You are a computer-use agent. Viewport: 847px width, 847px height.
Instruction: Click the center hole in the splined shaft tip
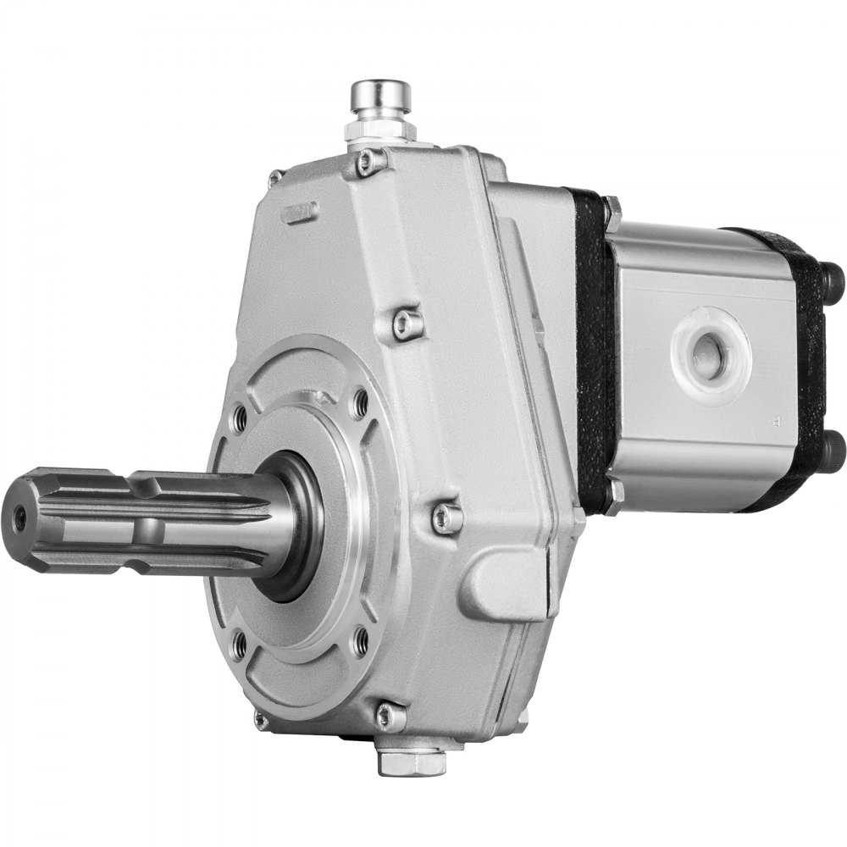tap(19, 514)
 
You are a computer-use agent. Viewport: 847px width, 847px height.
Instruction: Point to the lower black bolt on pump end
tap(833, 444)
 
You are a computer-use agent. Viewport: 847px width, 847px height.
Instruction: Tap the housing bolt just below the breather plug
tap(370, 161)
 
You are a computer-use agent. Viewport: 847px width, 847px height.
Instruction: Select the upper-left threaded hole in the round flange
tap(240, 415)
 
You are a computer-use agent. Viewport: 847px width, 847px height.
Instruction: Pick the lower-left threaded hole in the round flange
tap(241, 645)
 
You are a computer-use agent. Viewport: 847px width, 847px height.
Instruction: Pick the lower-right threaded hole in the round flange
tap(360, 641)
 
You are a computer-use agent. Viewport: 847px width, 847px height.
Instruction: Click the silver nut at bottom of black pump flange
tap(616, 492)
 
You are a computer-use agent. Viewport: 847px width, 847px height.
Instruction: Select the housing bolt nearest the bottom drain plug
tap(390, 716)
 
